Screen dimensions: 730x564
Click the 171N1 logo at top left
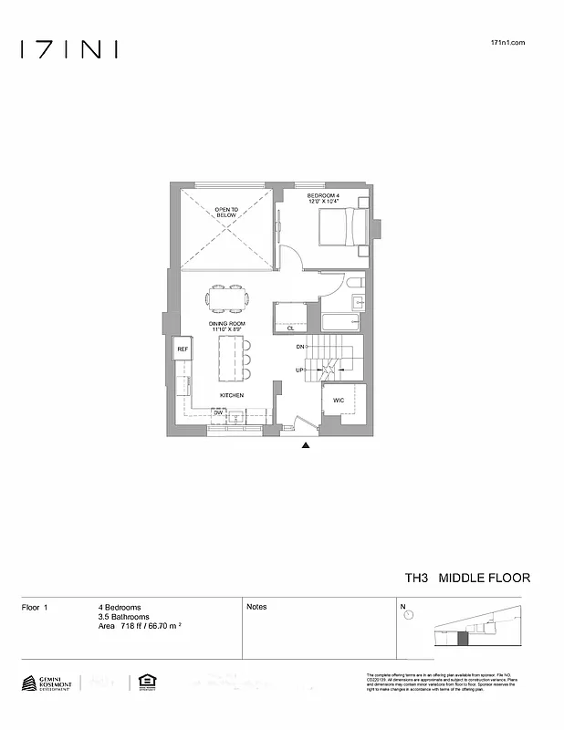[x=68, y=49]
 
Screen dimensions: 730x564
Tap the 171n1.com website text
[x=508, y=43]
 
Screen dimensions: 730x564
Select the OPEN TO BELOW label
[x=226, y=212]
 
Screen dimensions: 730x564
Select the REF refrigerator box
[x=183, y=349]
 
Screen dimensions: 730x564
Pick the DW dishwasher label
[x=219, y=412]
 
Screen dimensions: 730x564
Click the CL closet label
[x=290, y=328]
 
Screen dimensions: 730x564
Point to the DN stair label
[x=299, y=348]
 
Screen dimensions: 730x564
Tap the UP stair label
[x=299, y=370]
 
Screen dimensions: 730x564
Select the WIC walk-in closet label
[x=338, y=400]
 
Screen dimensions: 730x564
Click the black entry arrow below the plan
[x=306, y=446]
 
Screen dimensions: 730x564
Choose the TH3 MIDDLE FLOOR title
[x=467, y=578]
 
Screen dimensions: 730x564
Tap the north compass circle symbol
[x=408, y=615]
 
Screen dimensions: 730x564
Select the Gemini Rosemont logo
[x=47, y=683]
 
